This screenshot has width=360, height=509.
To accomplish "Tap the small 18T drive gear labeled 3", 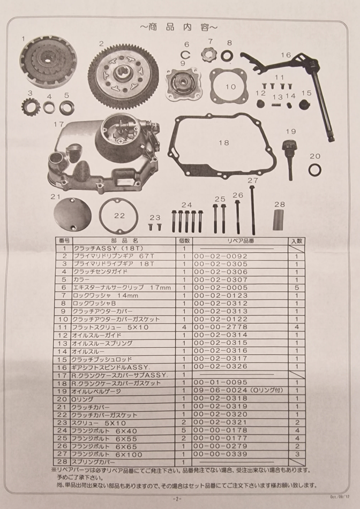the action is (31, 107).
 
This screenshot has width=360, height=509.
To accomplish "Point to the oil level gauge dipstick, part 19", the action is (289, 159).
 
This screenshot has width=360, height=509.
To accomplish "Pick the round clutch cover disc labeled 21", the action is (72, 216).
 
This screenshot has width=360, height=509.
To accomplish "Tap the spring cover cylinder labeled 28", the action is (278, 220).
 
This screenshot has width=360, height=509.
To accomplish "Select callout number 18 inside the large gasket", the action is (223, 142).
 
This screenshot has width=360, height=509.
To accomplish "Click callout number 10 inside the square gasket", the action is (230, 87).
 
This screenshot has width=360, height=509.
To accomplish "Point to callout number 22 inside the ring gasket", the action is (119, 216).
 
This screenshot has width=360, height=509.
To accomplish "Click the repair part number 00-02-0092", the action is (221, 256).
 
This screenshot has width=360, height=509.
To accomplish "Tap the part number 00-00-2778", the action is (221, 327).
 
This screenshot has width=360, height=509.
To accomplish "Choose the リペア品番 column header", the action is (241, 241).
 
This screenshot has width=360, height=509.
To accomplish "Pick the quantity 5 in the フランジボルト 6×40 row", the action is (184, 430).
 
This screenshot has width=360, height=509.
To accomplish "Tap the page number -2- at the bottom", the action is (177, 499).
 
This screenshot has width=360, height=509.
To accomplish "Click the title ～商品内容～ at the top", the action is (179, 27).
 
